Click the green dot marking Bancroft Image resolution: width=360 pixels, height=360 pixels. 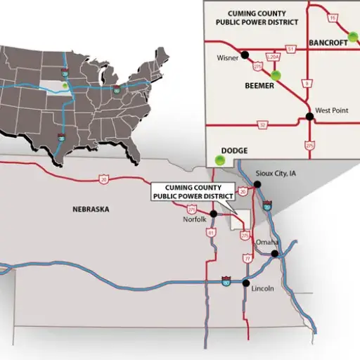(353, 36)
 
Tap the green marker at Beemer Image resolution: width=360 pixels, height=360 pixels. (276, 75)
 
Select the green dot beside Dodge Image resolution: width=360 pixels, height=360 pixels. (221, 160)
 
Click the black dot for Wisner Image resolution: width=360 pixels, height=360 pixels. (245, 54)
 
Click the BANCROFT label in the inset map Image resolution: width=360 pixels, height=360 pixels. (328, 42)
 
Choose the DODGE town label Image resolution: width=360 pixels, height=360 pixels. (234, 150)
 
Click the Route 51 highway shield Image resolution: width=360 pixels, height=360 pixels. (290, 48)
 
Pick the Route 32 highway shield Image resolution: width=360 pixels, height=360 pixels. (263, 125)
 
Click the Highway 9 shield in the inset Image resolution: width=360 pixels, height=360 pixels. (307, 84)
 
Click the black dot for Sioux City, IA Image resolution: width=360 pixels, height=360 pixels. (257, 184)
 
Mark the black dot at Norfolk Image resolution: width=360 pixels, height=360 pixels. (212, 213)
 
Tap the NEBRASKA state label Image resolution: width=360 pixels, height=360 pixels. (91, 209)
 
